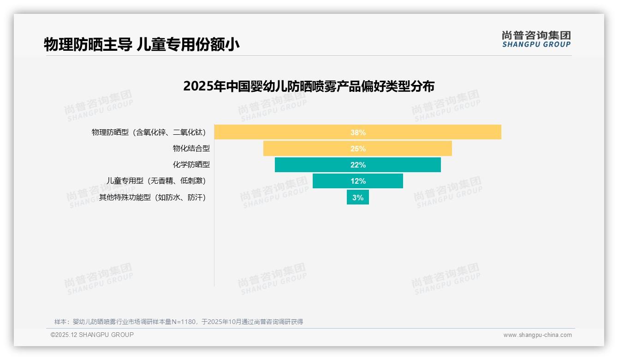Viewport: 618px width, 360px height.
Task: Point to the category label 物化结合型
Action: (191, 149)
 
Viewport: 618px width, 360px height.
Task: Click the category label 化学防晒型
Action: (191, 165)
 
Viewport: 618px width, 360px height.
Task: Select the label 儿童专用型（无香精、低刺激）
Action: (156, 181)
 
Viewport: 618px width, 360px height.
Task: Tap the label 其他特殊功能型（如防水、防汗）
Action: (152, 198)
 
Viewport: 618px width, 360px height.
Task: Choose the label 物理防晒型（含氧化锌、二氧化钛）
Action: (149, 132)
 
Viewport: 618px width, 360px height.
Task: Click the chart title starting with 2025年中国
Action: (309, 86)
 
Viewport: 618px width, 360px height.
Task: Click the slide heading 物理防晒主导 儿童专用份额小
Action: (142, 44)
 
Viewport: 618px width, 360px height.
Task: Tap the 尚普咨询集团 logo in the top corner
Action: (536, 39)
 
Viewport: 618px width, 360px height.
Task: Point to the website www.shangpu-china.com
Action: (537, 335)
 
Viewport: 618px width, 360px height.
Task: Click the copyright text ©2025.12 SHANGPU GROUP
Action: (92, 335)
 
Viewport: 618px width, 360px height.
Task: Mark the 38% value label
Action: (358, 132)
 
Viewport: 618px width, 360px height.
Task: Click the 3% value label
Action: (358, 198)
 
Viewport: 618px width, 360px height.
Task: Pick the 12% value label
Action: (358, 181)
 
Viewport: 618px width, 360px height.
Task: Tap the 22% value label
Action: (358, 165)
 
